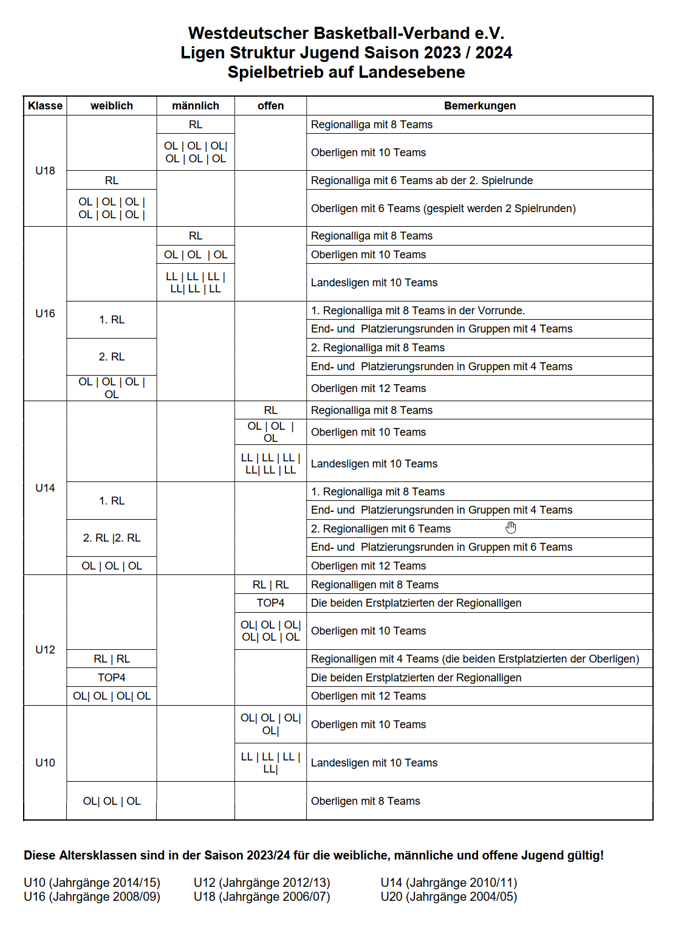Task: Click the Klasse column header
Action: pyautogui.click(x=45, y=106)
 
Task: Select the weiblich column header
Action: pyautogui.click(x=112, y=106)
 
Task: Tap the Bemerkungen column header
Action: pyautogui.click(x=479, y=106)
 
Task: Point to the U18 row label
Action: pyautogui.click(x=45, y=171)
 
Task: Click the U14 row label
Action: pyautogui.click(x=45, y=488)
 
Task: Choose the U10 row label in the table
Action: pyautogui.click(x=45, y=763)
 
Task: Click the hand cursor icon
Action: pyautogui.click(x=511, y=528)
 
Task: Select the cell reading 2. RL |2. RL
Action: pyautogui.click(x=112, y=538)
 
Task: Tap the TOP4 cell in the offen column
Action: pyautogui.click(x=270, y=603)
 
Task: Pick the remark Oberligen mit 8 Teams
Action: pyautogui.click(x=366, y=801)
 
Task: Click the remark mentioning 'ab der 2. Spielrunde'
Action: pyautogui.click(x=422, y=181)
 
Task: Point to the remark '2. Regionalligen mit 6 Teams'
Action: pyautogui.click(x=381, y=529)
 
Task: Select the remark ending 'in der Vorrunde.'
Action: pyautogui.click(x=418, y=311)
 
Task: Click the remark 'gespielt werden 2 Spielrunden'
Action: pyautogui.click(x=443, y=208)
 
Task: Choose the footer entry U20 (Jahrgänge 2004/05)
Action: pyautogui.click(x=448, y=897)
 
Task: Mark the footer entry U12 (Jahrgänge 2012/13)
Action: pyautogui.click(x=262, y=883)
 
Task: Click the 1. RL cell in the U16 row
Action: pyautogui.click(x=112, y=320)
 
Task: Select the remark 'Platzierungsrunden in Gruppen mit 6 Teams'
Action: pyautogui.click(x=442, y=547)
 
